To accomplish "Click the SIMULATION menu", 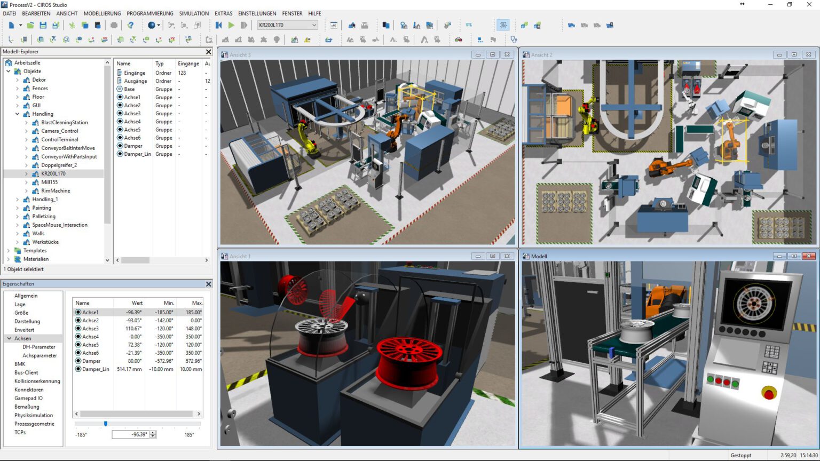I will pos(194,13).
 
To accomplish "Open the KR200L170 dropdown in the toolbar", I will pos(314,25).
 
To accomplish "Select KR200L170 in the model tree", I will pos(53,173).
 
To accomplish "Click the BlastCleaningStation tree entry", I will pos(64,122).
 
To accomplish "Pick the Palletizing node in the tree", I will pos(44,216).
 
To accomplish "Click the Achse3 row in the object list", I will pos(132,113).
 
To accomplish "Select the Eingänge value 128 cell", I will pos(182,73).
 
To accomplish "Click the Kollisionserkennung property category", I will pos(37,381).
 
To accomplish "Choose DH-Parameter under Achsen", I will pos(38,347).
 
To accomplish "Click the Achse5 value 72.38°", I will pos(135,345).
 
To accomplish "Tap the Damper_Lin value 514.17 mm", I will pos(129,369).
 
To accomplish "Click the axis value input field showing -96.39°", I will pos(130,434).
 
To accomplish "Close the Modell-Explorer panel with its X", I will pos(209,52).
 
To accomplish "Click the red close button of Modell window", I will pos(809,256).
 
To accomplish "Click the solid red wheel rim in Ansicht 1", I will pos(409,356).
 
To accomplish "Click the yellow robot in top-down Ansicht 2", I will pos(589,118).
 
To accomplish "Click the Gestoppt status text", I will pos(741,455).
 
